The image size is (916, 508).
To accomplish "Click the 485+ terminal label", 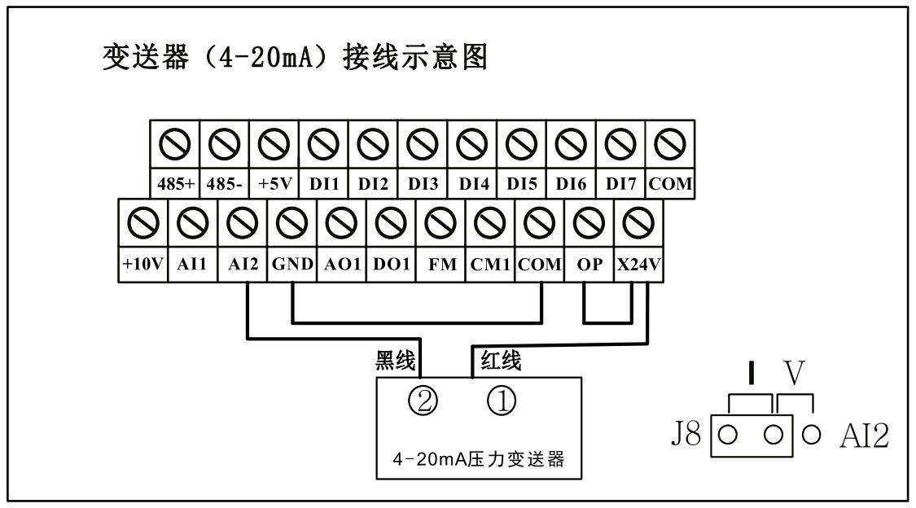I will [175, 185].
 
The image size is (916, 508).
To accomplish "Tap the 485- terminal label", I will [225, 185].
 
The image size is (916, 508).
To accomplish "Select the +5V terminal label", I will [274, 185].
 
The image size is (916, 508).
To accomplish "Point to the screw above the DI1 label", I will [324, 143].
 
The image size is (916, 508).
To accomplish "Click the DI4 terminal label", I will [472, 185].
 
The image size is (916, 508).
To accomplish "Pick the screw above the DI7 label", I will [620, 143].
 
